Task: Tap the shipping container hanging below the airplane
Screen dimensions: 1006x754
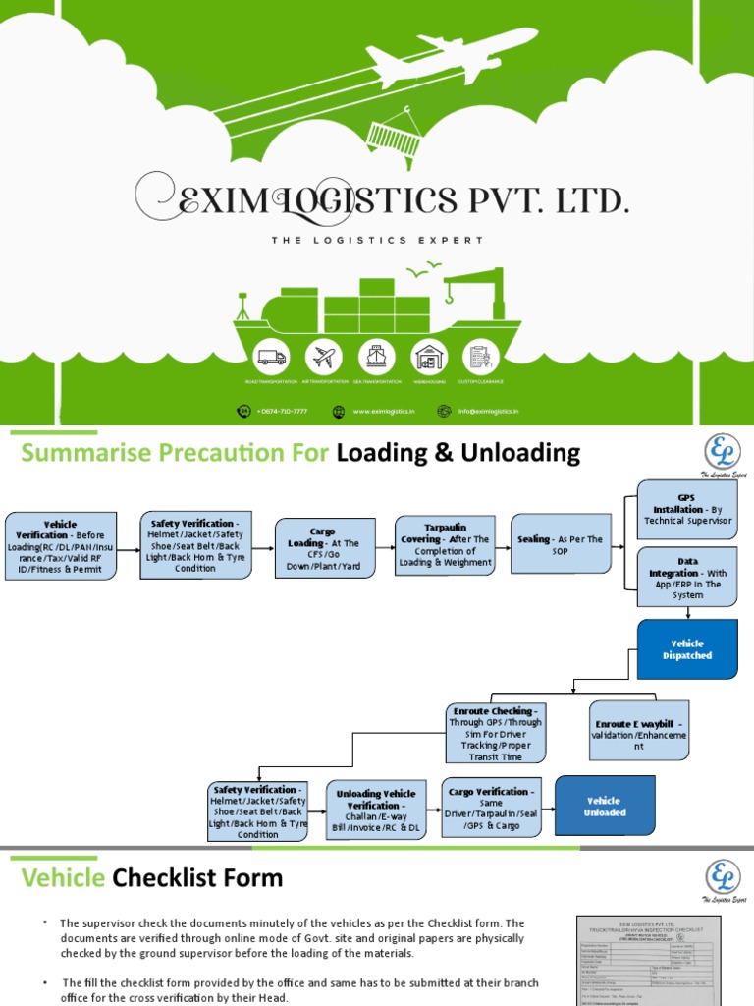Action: pos(391,133)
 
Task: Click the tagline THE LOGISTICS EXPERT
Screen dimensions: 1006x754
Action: pos(377,240)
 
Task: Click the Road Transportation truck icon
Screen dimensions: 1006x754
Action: pos(271,358)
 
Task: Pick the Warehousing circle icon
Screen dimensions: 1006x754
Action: pos(430,358)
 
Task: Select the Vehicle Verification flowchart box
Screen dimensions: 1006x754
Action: pos(61,546)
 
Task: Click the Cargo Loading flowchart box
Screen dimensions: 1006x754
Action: pos(324,547)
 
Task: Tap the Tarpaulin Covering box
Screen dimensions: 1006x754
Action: pos(445,545)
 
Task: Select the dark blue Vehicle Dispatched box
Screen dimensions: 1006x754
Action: pos(687,649)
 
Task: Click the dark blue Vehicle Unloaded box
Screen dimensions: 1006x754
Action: pos(605,807)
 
